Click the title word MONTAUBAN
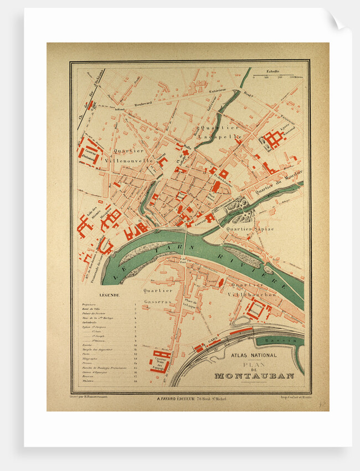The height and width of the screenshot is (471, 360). [x=254, y=376]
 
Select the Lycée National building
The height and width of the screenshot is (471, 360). [x=273, y=140]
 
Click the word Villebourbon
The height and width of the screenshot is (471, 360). [x=255, y=295]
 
